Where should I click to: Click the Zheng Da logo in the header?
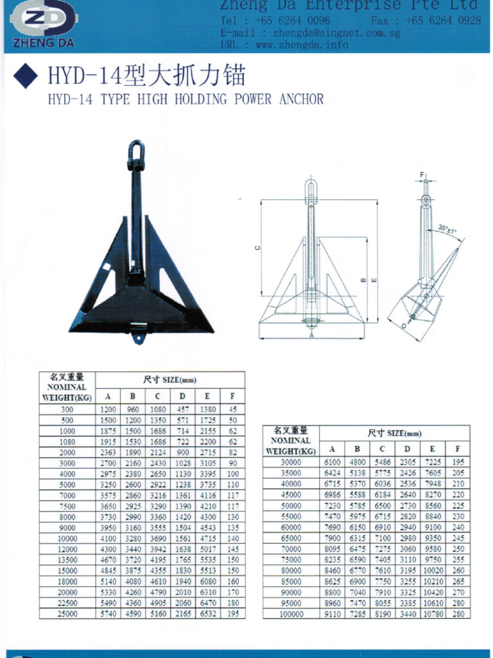44,23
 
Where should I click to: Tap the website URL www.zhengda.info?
302,44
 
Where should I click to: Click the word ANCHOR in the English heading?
302,100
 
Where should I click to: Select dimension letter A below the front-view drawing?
311,335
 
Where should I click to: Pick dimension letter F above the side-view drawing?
422,175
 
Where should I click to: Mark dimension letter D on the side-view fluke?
404,326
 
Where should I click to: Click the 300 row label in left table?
67,409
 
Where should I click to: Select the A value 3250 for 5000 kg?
107,485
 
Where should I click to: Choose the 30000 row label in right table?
291,463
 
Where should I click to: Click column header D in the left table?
182,396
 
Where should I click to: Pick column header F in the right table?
457,449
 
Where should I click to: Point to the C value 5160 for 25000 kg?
157,614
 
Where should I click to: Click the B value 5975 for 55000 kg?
357,517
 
